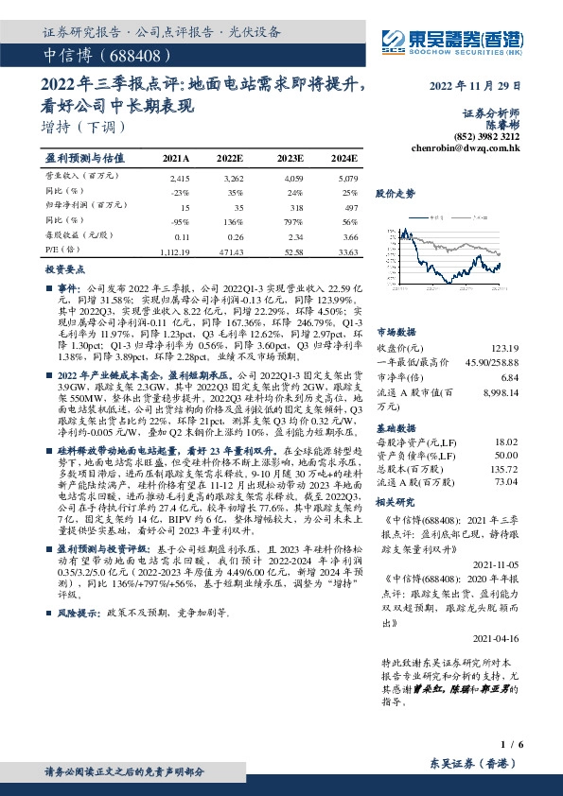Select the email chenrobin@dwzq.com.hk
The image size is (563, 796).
click(x=466, y=148)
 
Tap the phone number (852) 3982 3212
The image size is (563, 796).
click(x=485, y=136)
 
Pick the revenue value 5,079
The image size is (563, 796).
click(x=345, y=177)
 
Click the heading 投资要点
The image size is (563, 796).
click(x=64, y=269)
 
